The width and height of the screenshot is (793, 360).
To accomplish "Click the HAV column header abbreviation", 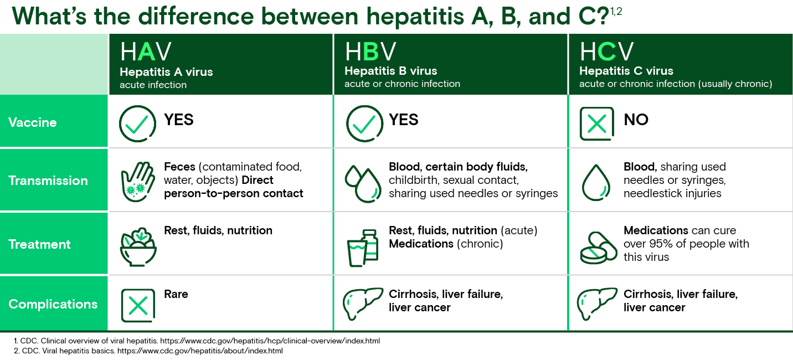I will [x=146, y=52].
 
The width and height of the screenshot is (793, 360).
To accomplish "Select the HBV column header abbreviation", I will [x=370, y=52].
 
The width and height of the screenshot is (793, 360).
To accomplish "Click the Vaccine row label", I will [x=33, y=122].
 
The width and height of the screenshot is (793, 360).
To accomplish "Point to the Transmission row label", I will [x=48, y=181].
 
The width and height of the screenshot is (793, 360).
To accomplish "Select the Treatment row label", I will [x=40, y=244].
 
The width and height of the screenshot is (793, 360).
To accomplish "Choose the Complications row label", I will [x=53, y=304].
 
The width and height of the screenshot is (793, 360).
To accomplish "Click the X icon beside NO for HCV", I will [x=596, y=124].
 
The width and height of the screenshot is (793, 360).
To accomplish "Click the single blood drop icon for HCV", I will [x=596, y=182].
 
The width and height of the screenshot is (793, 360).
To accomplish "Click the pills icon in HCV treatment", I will [x=598, y=247].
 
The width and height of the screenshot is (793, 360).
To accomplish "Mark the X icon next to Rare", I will [x=137, y=305].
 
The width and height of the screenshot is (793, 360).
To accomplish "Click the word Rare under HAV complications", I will [x=176, y=294].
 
